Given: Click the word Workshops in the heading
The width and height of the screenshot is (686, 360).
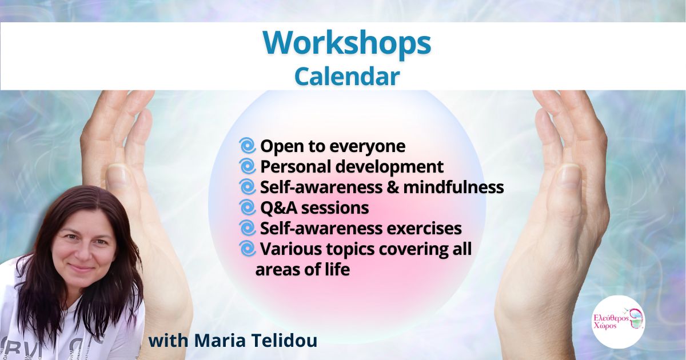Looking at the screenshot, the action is pyautogui.click(x=347, y=43).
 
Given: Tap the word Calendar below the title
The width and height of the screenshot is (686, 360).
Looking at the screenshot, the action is pyautogui.click(x=347, y=77).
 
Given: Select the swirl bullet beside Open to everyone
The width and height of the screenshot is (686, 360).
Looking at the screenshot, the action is pyautogui.click(x=248, y=145).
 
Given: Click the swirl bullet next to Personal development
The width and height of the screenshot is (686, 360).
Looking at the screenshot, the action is pyautogui.click(x=248, y=166).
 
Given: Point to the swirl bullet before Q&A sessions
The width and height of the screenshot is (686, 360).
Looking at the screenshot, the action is pyautogui.click(x=248, y=207).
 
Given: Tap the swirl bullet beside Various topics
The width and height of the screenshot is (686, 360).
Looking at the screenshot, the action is pyautogui.click(x=248, y=249).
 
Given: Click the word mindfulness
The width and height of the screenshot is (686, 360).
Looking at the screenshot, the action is pyautogui.click(x=453, y=187).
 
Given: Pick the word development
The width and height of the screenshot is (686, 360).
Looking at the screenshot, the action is pyautogui.click(x=389, y=167).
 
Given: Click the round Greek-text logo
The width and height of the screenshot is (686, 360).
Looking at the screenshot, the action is pyautogui.click(x=619, y=322).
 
